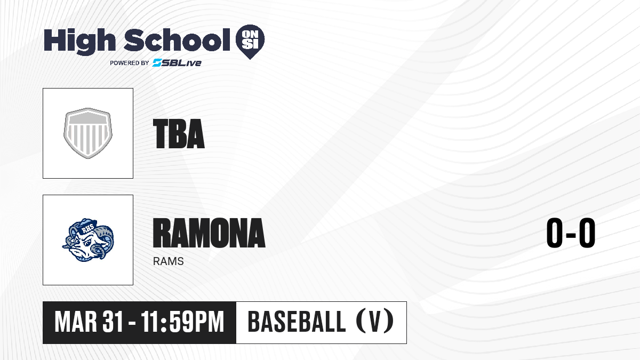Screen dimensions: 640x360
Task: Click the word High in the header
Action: click(79, 42)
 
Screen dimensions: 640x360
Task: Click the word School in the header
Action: click(177, 39)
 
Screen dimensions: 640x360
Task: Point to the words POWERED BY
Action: click(130, 63)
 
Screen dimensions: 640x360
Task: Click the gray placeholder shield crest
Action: click(88, 133)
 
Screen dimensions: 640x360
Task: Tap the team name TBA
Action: click(179, 134)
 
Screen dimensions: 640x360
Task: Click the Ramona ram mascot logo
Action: click(88, 240)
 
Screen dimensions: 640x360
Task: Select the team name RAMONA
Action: click(209, 233)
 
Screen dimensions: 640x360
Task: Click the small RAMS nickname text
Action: click(169, 261)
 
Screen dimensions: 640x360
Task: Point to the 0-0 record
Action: click(571, 233)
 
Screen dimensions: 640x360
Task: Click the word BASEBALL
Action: click(297, 322)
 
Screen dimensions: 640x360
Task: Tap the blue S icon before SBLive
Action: click(157, 62)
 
